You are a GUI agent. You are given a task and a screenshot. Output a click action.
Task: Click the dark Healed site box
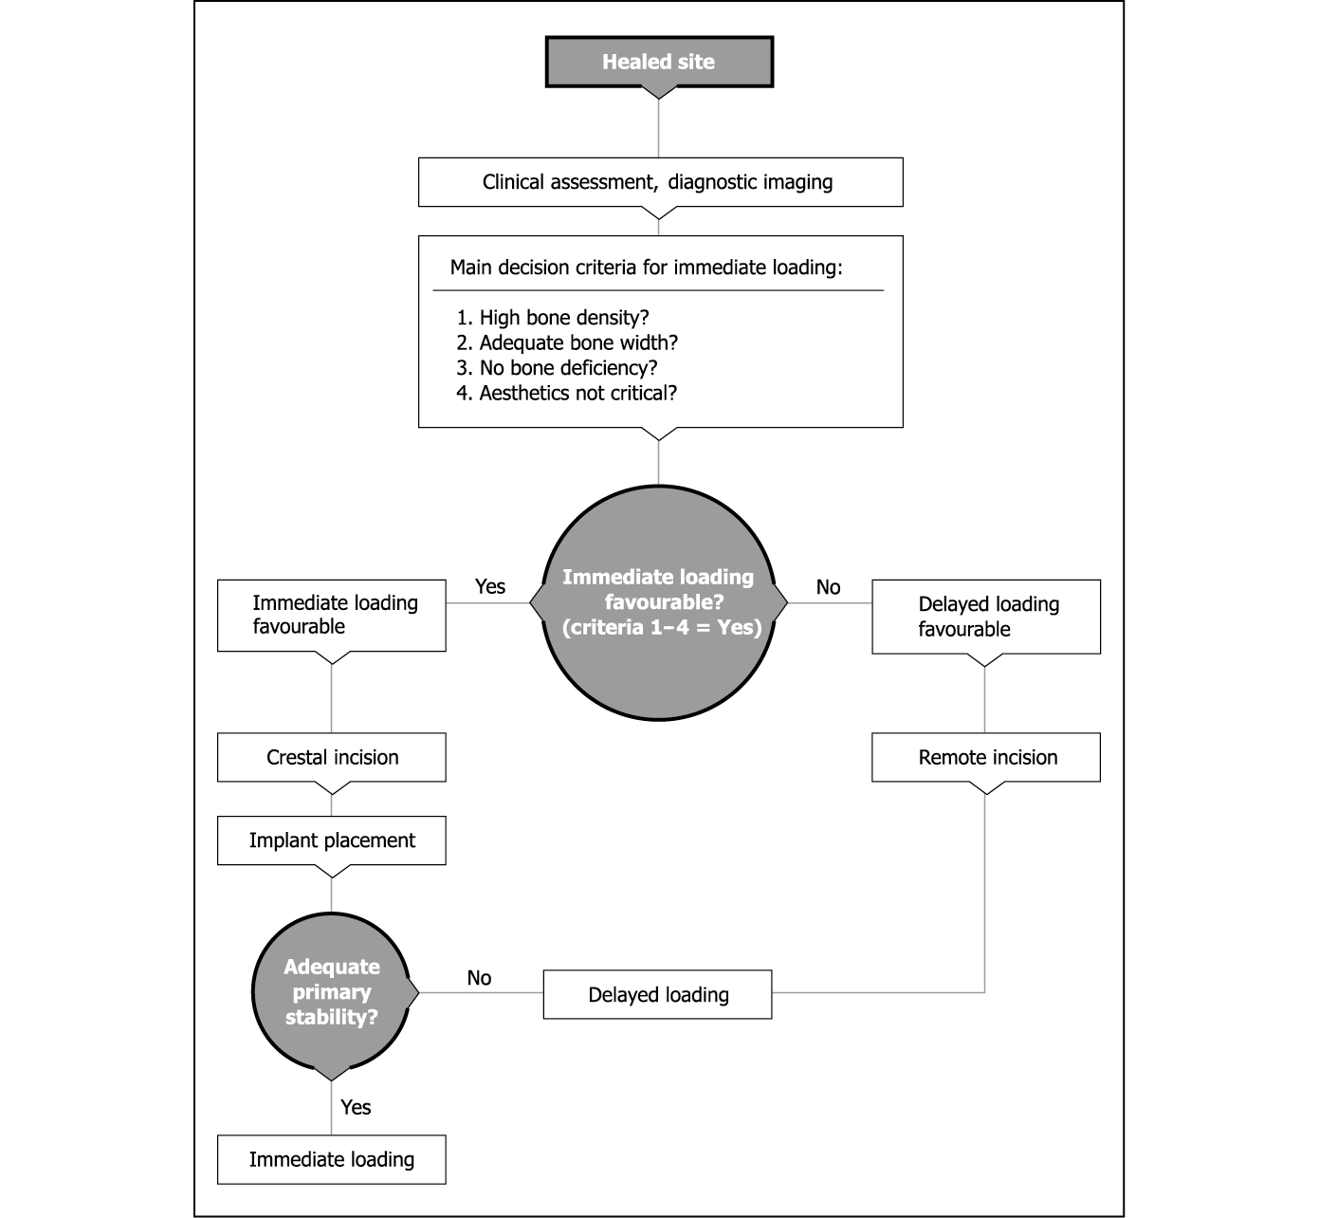click(659, 62)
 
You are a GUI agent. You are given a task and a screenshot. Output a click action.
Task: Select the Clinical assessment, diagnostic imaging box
click(660, 182)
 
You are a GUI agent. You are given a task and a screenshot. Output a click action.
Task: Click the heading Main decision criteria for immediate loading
click(646, 268)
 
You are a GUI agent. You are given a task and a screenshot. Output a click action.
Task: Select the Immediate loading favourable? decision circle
click(659, 602)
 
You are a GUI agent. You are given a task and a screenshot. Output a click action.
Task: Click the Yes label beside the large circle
click(490, 586)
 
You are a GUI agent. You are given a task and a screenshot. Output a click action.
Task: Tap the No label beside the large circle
click(828, 587)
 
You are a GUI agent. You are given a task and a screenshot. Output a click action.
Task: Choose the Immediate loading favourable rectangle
click(332, 615)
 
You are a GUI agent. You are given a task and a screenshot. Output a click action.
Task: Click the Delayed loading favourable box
click(986, 617)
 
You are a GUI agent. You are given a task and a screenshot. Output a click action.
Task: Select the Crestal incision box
click(332, 757)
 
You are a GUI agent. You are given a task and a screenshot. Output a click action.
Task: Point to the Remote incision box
click(986, 757)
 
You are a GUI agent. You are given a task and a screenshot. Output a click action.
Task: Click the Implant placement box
click(332, 840)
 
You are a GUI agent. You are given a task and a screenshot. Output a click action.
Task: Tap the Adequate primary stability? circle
click(332, 992)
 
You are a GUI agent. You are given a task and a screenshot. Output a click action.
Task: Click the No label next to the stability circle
click(479, 978)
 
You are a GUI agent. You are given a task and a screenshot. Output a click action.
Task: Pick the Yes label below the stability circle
click(356, 1107)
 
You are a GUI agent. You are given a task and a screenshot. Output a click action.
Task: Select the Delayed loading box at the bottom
click(658, 995)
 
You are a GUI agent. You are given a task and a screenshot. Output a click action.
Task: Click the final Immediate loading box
click(332, 1159)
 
